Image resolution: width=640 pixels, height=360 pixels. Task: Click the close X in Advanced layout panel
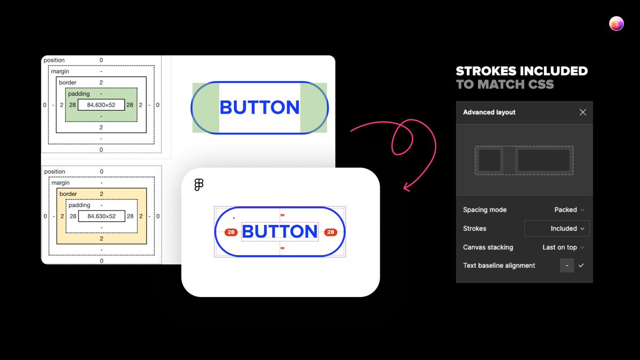(x=582, y=112)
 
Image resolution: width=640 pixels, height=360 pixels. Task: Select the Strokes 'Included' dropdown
(x=557, y=228)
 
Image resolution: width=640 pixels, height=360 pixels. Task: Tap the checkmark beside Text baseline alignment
(x=581, y=265)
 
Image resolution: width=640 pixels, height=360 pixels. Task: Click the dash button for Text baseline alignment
(x=567, y=265)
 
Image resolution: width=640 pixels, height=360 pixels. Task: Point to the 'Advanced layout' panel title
(x=489, y=113)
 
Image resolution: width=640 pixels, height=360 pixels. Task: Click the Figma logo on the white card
(x=199, y=185)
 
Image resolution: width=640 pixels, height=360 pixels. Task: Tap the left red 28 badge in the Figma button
(x=231, y=232)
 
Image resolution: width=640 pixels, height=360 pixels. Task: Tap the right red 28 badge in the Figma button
(x=331, y=232)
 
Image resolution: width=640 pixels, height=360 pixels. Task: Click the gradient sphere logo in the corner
(x=616, y=23)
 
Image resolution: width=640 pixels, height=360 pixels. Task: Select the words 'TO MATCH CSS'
(x=505, y=84)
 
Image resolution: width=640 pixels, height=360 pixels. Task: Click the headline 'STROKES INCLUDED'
(x=522, y=71)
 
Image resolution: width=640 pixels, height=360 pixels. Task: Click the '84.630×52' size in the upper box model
(x=101, y=105)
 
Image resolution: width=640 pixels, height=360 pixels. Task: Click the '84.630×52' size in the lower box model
(x=101, y=216)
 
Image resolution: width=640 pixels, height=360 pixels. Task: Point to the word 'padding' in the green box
(x=79, y=94)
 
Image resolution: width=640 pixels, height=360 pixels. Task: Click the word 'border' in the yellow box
(x=68, y=194)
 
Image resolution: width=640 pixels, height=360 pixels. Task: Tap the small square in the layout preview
(x=489, y=160)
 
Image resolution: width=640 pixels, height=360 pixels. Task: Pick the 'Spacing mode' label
(x=485, y=210)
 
